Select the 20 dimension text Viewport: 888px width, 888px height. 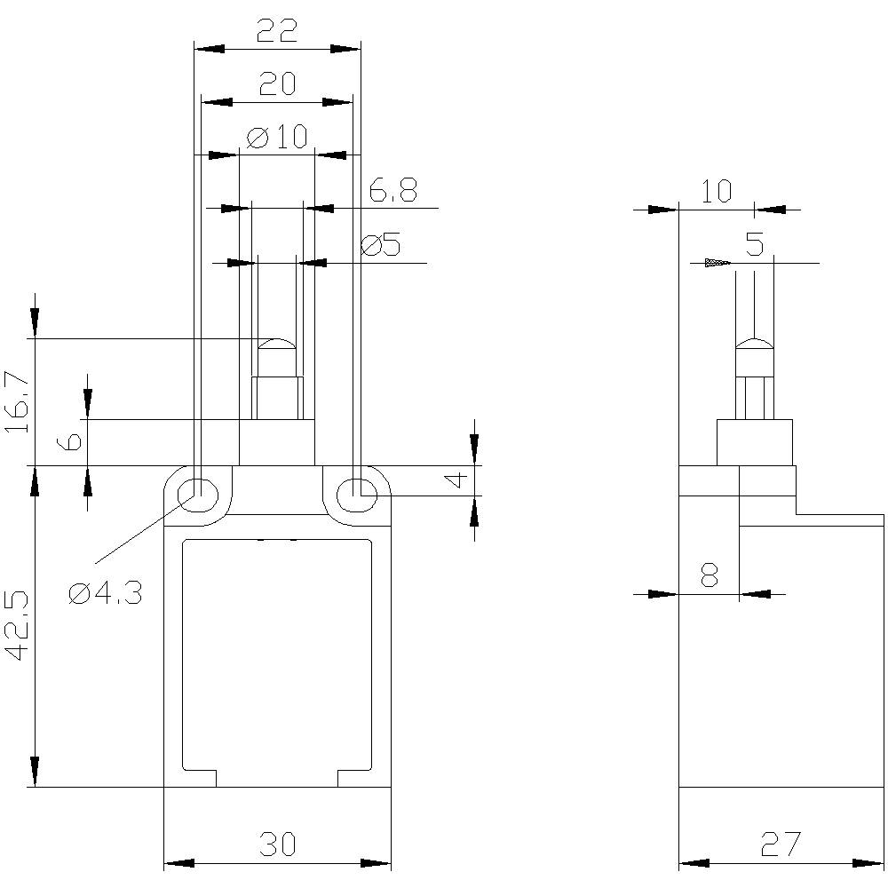tap(277, 84)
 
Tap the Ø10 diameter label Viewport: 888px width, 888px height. tap(277, 137)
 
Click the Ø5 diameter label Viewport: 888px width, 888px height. tap(381, 245)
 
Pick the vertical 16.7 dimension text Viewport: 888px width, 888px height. tap(17, 402)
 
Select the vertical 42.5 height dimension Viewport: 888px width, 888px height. tap(17, 625)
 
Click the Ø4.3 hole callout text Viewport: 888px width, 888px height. tap(106, 593)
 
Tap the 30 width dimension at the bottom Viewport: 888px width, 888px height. tap(277, 844)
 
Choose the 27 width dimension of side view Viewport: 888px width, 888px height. tap(781, 844)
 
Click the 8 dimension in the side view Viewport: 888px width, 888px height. tap(709, 577)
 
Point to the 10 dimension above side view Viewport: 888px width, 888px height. tap(716, 191)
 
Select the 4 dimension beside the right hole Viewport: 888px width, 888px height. tap(456, 480)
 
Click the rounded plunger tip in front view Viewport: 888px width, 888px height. tap(277, 344)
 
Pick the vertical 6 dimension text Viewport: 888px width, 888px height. tap(75, 441)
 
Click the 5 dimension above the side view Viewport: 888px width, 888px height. tap(754, 245)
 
